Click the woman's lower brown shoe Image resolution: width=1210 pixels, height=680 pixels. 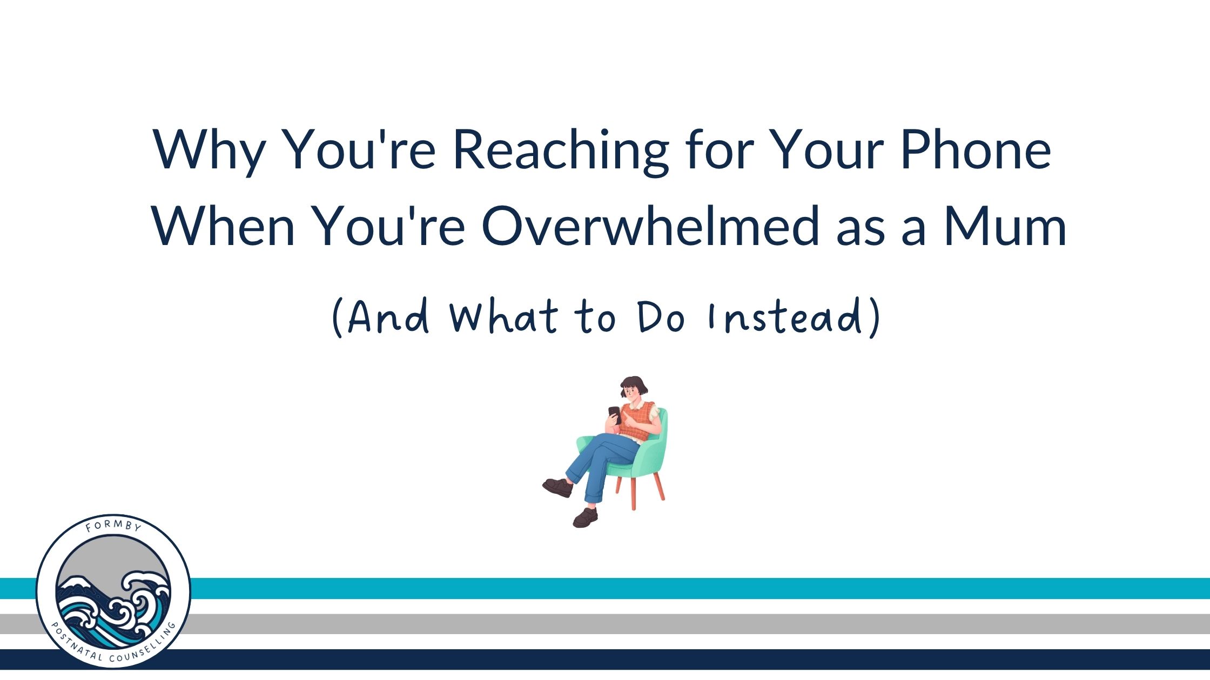pyautogui.click(x=585, y=518)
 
